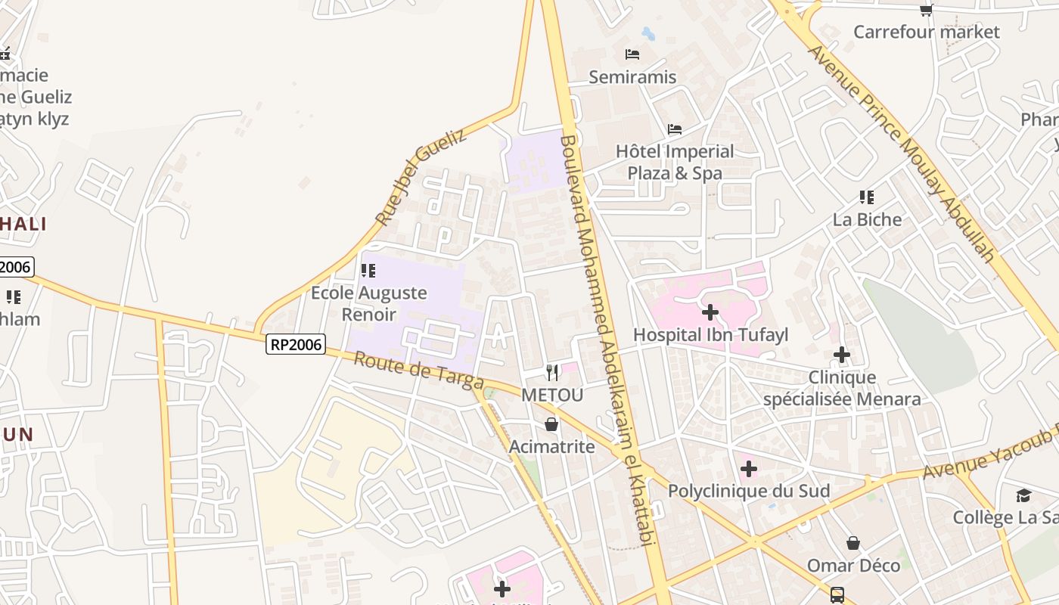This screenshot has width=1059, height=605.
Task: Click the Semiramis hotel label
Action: point(632,76)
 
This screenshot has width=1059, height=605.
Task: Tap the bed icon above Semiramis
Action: point(632,54)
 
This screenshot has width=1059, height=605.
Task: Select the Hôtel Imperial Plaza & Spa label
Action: point(675,162)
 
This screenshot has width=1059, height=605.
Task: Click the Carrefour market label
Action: point(926,32)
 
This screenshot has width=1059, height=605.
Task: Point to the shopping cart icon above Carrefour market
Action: point(926,10)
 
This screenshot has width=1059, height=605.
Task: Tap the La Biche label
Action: point(867,219)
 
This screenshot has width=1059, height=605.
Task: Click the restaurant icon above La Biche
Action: point(867,197)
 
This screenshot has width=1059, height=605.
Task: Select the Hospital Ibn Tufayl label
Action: point(710,334)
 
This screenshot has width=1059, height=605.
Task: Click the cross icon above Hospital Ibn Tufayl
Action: point(710,312)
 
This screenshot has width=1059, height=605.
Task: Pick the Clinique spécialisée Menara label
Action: point(842,388)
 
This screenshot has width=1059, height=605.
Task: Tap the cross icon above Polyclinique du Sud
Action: point(749,469)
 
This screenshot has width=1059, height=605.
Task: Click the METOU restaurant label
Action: point(552,395)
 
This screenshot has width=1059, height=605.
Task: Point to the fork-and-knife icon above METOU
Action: point(552,372)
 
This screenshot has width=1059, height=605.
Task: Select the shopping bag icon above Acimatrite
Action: point(551,424)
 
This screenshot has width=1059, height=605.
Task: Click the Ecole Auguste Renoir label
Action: point(369,302)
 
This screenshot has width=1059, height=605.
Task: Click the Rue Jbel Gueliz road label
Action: point(421,177)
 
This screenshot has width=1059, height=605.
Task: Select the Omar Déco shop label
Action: point(853,565)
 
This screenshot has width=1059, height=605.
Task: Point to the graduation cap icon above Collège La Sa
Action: point(1023,495)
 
